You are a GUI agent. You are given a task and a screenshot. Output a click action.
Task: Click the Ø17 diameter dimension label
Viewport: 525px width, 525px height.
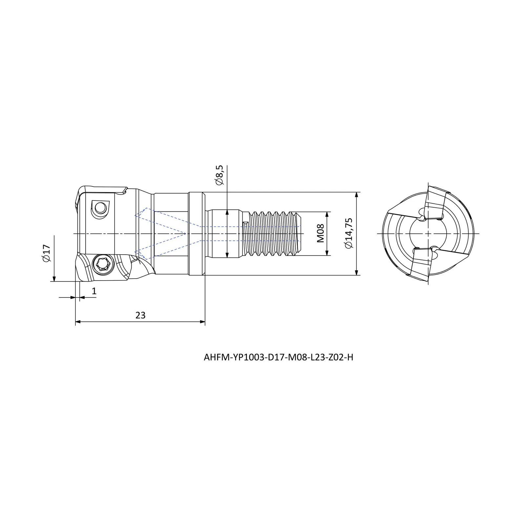click(x=46, y=253)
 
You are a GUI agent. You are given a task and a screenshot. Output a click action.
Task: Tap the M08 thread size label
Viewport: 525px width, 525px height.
click(x=321, y=233)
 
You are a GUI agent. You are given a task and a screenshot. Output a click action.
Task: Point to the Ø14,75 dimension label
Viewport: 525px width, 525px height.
click(x=349, y=233)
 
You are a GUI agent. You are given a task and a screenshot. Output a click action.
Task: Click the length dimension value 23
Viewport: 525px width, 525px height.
click(x=140, y=315)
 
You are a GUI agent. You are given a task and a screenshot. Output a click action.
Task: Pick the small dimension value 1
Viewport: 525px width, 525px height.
click(x=94, y=291)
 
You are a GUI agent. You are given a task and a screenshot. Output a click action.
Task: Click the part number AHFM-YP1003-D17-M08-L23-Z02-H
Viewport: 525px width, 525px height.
click(x=279, y=358)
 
